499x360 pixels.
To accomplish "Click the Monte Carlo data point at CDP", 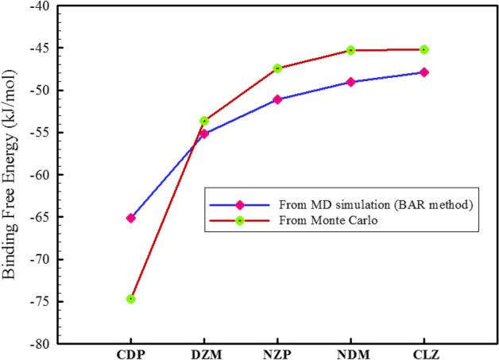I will (131, 299).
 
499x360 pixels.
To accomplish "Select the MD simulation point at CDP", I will (131, 218).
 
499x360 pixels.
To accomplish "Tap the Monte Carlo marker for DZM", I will (204, 121).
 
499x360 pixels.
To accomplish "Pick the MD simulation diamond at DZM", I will (204, 134).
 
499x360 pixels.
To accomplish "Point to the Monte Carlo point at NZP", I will (277, 68).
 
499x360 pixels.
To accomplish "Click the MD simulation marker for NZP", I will (277, 99).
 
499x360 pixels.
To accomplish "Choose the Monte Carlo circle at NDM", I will (350, 50).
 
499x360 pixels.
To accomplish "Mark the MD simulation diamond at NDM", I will (350, 82).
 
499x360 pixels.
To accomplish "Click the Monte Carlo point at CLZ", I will (424, 49).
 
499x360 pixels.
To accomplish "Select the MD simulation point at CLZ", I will (424, 72).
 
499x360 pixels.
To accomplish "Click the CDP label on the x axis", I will (131, 354).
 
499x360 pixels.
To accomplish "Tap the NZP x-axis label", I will (277, 354).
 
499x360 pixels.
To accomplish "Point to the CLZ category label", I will (424, 354).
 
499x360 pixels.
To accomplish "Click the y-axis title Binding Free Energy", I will (12, 175).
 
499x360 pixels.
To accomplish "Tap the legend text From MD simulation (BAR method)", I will (362, 205).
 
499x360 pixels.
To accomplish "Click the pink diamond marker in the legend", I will (239, 205).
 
